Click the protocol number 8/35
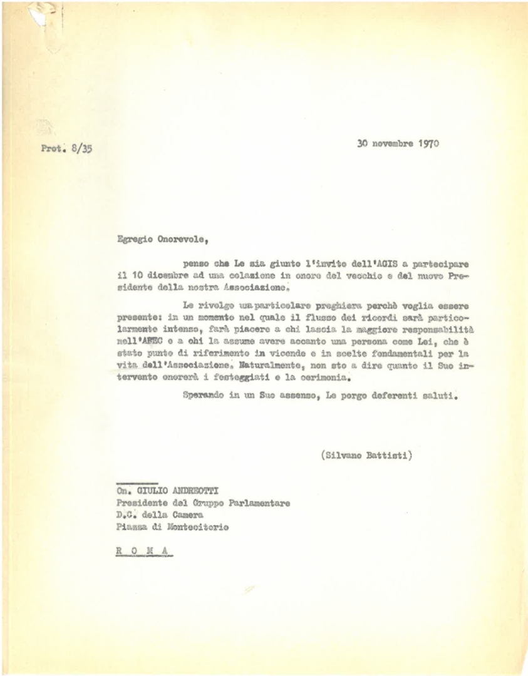[80, 150]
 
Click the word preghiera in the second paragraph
[320, 305]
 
